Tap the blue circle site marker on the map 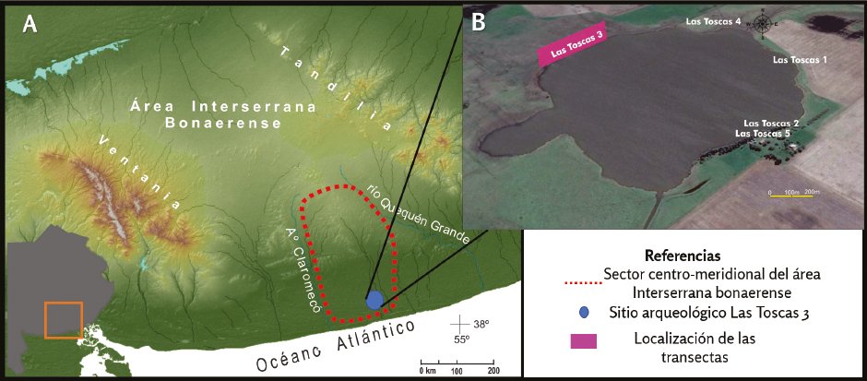374,300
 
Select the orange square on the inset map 64,320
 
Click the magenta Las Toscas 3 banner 573,45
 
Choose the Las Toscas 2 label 770,123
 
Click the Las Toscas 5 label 762,134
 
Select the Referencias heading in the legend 682,255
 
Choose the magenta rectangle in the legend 584,340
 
